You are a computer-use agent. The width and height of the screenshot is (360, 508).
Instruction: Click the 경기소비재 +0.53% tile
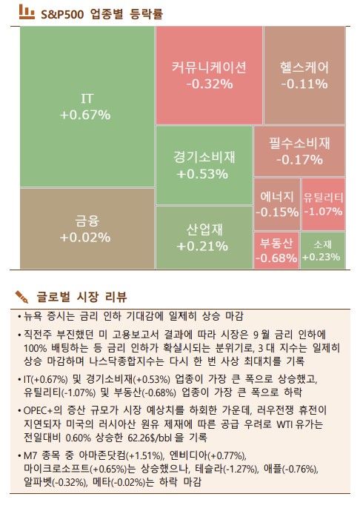(x=203, y=165)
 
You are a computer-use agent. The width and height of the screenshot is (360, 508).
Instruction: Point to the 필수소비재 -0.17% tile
(x=299, y=150)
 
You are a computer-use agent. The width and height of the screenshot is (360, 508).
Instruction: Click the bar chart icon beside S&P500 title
(x=25, y=12)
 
